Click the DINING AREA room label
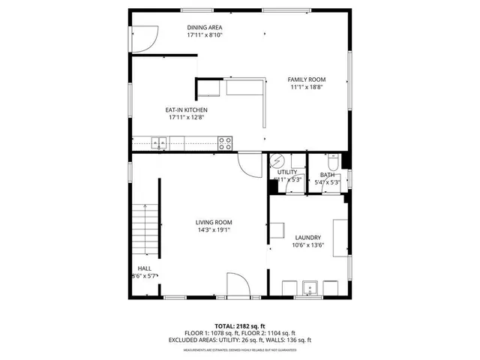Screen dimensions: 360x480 (x=205, y=27)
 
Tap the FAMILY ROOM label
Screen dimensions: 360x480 (x=307, y=79)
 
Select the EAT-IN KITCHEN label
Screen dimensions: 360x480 (x=187, y=109)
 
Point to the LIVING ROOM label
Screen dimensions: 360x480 (x=214, y=222)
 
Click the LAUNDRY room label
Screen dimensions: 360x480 (x=307, y=237)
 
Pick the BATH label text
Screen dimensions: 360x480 (x=328, y=174)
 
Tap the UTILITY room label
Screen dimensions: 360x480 (x=287, y=172)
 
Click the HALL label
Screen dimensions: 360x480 (x=145, y=268)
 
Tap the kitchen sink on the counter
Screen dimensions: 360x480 (x=160, y=142)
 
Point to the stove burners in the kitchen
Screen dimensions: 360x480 (x=224, y=142)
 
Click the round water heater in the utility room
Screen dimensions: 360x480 (x=277, y=161)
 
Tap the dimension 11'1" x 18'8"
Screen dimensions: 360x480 (x=307, y=88)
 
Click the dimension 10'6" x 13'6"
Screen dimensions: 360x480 (x=307, y=245)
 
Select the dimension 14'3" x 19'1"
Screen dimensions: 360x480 (x=214, y=230)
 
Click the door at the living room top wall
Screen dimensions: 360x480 (x=249, y=163)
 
